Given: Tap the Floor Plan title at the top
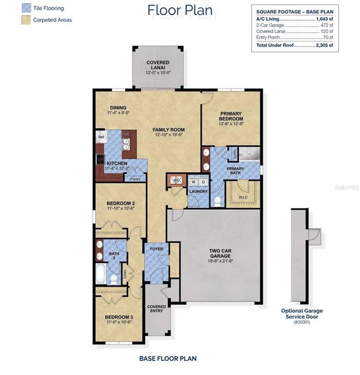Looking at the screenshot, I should (179, 10).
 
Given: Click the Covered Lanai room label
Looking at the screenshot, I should (157, 66).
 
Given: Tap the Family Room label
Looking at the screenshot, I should (169, 130).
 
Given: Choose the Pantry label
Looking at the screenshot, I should (135, 179).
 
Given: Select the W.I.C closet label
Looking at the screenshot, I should (243, 197).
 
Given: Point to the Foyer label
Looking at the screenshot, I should (156, 249).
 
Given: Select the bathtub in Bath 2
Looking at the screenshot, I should (101, 273).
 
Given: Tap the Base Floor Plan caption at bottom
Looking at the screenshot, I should (168, 358).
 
